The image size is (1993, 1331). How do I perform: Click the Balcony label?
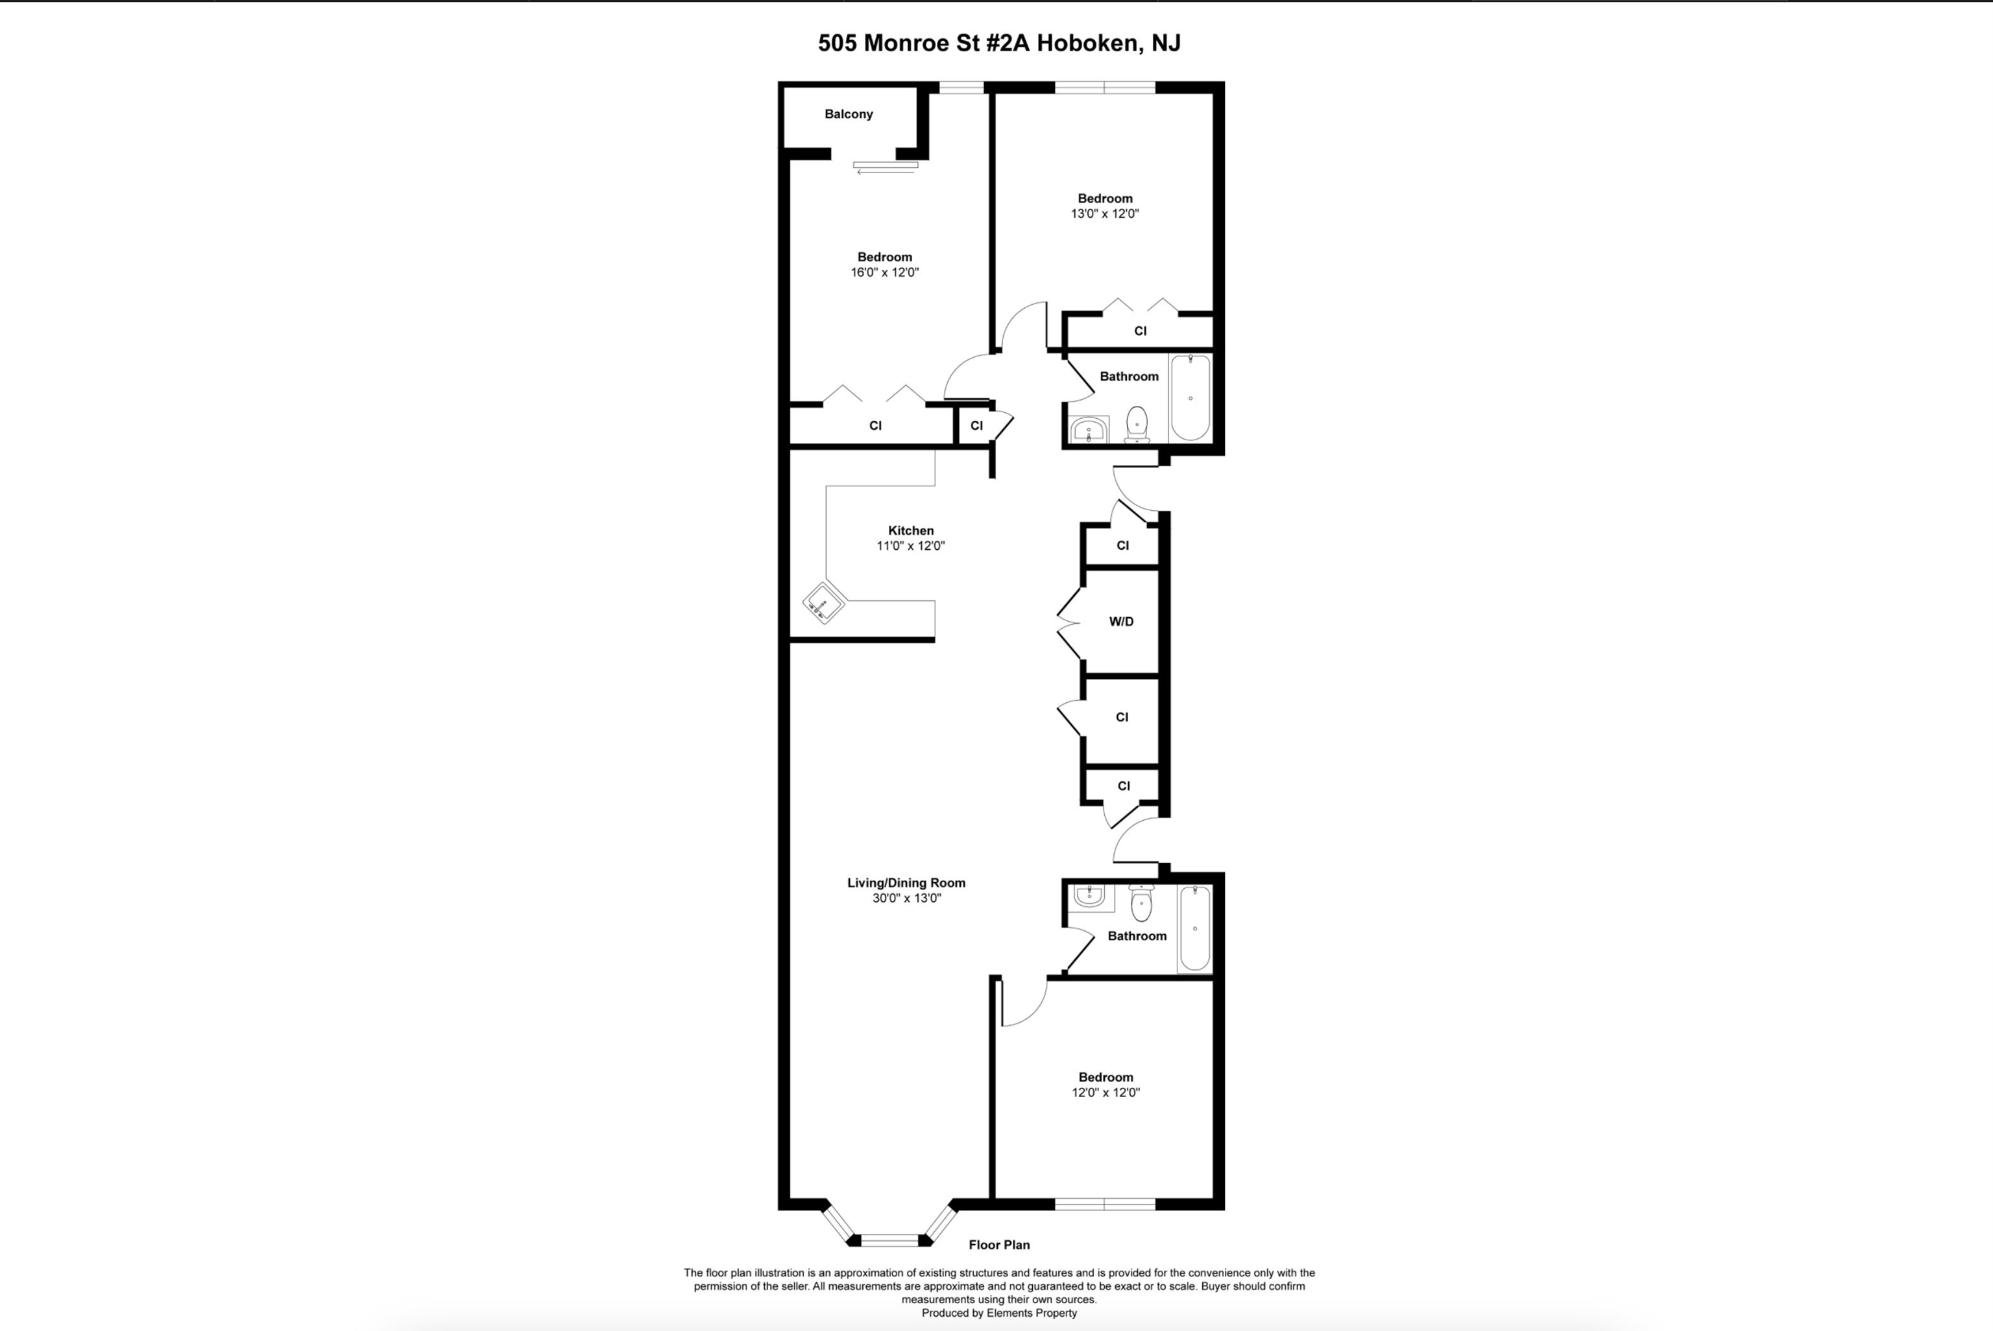pyautogui.click(x=849, y=113)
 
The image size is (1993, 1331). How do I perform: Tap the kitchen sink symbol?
pyautogui.click(x=823, y=604)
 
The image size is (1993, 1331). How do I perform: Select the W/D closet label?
pyautogui.click(x=1121, y=621)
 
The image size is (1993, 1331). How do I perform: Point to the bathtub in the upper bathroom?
pyautogui.click(x=1190, y=397)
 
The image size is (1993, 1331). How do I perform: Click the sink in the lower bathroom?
pyautogui.click(x=1089, y=895)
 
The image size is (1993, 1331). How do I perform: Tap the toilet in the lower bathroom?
pyautogui.click(x=1141, y=903)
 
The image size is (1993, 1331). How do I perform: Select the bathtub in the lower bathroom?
pyautogui.click(x=1195, y=928)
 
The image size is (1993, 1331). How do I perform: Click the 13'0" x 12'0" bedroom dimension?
pyautogui.click(x=1105, y=214)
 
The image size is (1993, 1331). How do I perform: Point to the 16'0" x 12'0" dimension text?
pyautogui.click(x=885, y=272)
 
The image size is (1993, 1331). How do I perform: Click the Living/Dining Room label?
pyautogui.click(x=906, y=883)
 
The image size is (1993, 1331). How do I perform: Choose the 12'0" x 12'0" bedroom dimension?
pyautogui.click(x=1105, y=1092)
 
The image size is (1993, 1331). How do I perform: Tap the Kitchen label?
pyautogui.click(x=910, y=530)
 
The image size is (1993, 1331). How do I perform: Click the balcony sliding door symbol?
pyautogui.click(x=886, y=167)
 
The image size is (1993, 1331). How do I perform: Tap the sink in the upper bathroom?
pyautogui.click(x=1089, y=430)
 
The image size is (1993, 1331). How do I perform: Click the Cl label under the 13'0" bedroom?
pyautogui.click(x=1141, y=331)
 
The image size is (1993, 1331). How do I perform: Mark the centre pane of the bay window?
pyautogui.click(x=890, y=1240)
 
